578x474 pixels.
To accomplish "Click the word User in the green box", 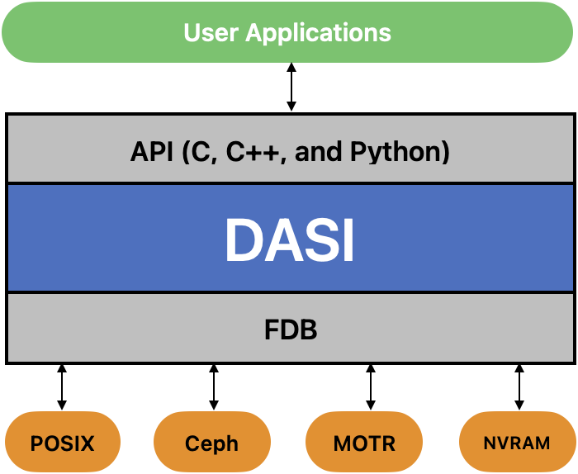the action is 211,32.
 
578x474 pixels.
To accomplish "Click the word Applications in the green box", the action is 318,34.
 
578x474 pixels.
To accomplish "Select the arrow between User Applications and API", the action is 291,87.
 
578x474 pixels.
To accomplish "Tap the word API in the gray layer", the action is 152,151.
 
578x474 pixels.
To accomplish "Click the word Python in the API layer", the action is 396,153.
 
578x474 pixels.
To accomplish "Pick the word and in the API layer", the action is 318,151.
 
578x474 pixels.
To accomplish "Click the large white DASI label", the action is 290,239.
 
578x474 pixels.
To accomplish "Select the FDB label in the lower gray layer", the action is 291,329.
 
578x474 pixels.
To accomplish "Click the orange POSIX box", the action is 63,442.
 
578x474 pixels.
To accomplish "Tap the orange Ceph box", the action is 212,442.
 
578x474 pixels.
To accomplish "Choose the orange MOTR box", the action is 364,442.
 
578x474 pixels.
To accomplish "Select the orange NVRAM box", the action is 517,442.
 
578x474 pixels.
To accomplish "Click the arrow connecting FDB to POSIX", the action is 62,387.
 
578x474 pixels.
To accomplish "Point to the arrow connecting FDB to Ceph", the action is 213,387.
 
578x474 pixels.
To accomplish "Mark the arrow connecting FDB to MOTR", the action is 371,387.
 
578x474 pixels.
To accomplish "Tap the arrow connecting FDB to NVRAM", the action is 519,387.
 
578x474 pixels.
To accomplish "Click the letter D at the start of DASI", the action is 244,240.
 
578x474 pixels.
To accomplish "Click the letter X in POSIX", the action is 87,443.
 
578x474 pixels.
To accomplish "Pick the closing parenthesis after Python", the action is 445,152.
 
